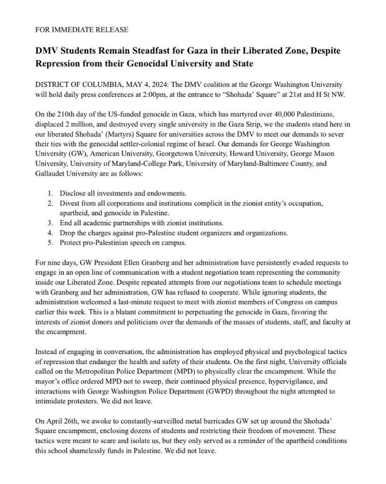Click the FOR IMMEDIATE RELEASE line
click(81, 29)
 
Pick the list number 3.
click(50, 223)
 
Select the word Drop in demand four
click(68, 233)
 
